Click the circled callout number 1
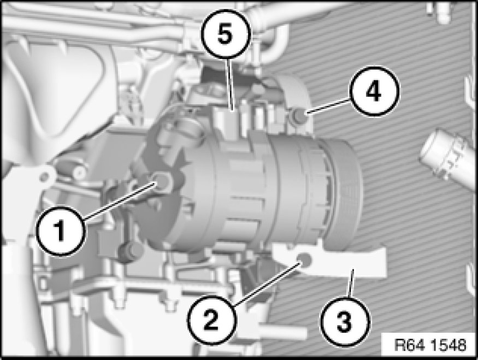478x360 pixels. (x=60, y=231)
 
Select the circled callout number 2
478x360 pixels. (x=211, y=320)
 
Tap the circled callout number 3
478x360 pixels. (x=345, y=322)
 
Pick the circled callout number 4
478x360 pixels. (x=374, y=91)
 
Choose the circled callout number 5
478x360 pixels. (x=226, y=33)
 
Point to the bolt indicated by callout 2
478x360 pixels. (x=304, y=258)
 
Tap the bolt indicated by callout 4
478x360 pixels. (x=299, y=117)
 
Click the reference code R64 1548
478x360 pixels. (x=430, y=345)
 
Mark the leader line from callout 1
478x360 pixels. (x=120, y=201)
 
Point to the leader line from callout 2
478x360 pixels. (x=267, y=284)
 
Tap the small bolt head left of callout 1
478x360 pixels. (x=78, y=172)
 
